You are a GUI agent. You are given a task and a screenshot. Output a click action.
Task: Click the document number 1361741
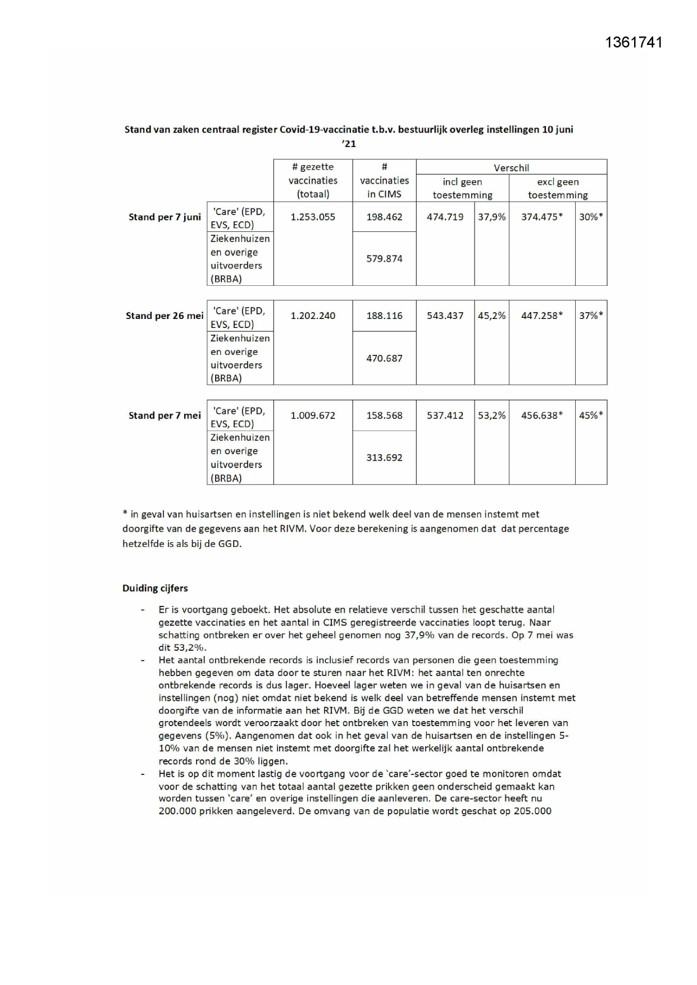(x=634, y=43)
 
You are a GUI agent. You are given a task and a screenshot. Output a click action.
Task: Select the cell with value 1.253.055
(x=313, y=217)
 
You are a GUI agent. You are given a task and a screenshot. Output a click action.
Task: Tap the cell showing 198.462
(x=384, y=217)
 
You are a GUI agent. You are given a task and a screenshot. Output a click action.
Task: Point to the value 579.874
(x=384, y=259)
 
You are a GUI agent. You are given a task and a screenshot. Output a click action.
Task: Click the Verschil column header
(x=511, y=167)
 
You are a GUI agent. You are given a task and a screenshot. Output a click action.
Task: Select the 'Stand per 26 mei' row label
(x=165, y=316)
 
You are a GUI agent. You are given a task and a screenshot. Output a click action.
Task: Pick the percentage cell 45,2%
(x=491, y=316)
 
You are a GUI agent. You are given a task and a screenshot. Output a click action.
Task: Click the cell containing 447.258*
(x=541, y=316)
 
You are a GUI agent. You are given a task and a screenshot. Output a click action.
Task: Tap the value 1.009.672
(x=313, y=416)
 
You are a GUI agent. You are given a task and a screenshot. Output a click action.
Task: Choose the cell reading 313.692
(x=384, y=458)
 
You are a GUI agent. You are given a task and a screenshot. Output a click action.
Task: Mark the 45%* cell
(x=591, y=416)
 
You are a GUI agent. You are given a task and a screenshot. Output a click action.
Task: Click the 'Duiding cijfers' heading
(x=155, y=588)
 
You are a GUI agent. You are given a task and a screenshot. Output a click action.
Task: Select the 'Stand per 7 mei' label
(x=165, y=416)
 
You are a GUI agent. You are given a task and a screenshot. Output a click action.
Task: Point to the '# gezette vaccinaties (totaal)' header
(x=313, y=180)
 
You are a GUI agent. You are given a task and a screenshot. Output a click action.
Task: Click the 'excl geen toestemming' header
(x=558, y=188)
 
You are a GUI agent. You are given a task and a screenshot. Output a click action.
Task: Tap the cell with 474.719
(x=445, y=217)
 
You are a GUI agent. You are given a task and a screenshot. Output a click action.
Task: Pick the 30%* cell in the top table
(x=591, y=217)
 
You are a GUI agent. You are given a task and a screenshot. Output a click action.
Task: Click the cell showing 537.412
(x=445, y=416)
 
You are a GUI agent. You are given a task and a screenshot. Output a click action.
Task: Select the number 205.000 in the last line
(x=532, y=811)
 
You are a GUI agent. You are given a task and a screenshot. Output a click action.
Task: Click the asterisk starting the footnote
(x=125, y=513)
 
